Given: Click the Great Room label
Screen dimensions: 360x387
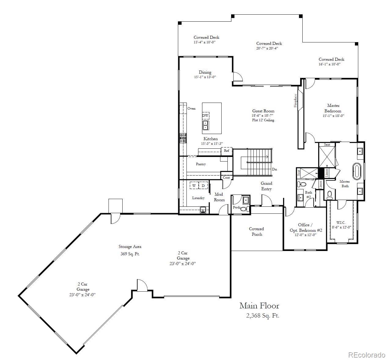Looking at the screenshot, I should (x=263, y=111).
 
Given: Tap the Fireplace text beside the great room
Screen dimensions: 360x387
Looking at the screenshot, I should (x=295, y=100).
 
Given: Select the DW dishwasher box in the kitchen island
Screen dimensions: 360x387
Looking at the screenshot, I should (x=205, y=116).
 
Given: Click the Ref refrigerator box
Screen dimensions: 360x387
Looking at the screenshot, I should (x=227, y=151).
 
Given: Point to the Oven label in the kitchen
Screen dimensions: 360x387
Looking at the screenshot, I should (x=191, y=108).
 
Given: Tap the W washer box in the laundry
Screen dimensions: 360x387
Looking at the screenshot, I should (x=194, y=186).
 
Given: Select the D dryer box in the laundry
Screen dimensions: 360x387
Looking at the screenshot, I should (x=203, y=186).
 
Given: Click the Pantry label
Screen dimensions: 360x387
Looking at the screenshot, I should (x=201, y=164).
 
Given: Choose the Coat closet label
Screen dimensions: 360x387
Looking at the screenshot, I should (x=226, y=177).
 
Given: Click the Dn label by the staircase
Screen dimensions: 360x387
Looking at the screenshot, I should (x=275, y=169).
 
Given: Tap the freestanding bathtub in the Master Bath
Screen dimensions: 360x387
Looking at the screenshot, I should (x=357, y=171).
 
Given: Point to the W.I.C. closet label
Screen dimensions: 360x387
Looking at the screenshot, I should (x=341, y=223).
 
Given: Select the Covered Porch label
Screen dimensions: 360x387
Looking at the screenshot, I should (x=256, y=231).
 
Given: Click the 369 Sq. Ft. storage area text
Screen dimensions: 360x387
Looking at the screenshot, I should (x=130, y=254).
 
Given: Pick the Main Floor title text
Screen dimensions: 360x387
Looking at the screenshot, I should (x=259, y=306).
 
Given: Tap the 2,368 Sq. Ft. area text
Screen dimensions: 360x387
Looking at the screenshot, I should (x=263, y=316).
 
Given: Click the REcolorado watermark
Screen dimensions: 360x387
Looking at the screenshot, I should (x=367, y=355).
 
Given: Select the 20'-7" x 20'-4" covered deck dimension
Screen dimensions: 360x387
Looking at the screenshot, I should (x=267, y=48).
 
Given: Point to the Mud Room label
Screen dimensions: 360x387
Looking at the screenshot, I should (x=219, y=197).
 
